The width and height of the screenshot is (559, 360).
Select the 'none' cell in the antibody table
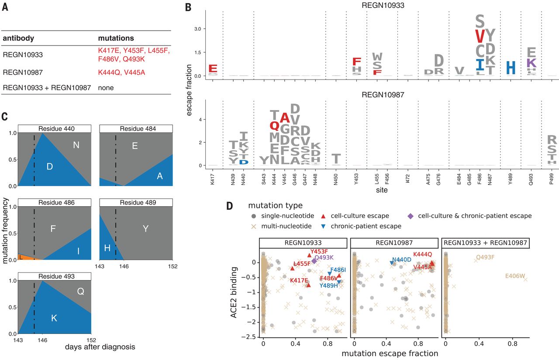106,87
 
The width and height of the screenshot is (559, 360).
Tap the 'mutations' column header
116,38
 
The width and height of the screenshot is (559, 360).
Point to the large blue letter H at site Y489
511,68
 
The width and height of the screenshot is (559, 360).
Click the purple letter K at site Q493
531,62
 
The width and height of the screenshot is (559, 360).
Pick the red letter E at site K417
213,69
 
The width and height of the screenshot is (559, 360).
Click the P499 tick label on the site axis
552,180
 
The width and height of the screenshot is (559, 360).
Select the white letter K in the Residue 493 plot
54,318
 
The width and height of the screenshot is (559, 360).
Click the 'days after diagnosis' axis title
100,347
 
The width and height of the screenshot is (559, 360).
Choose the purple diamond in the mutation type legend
411,216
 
